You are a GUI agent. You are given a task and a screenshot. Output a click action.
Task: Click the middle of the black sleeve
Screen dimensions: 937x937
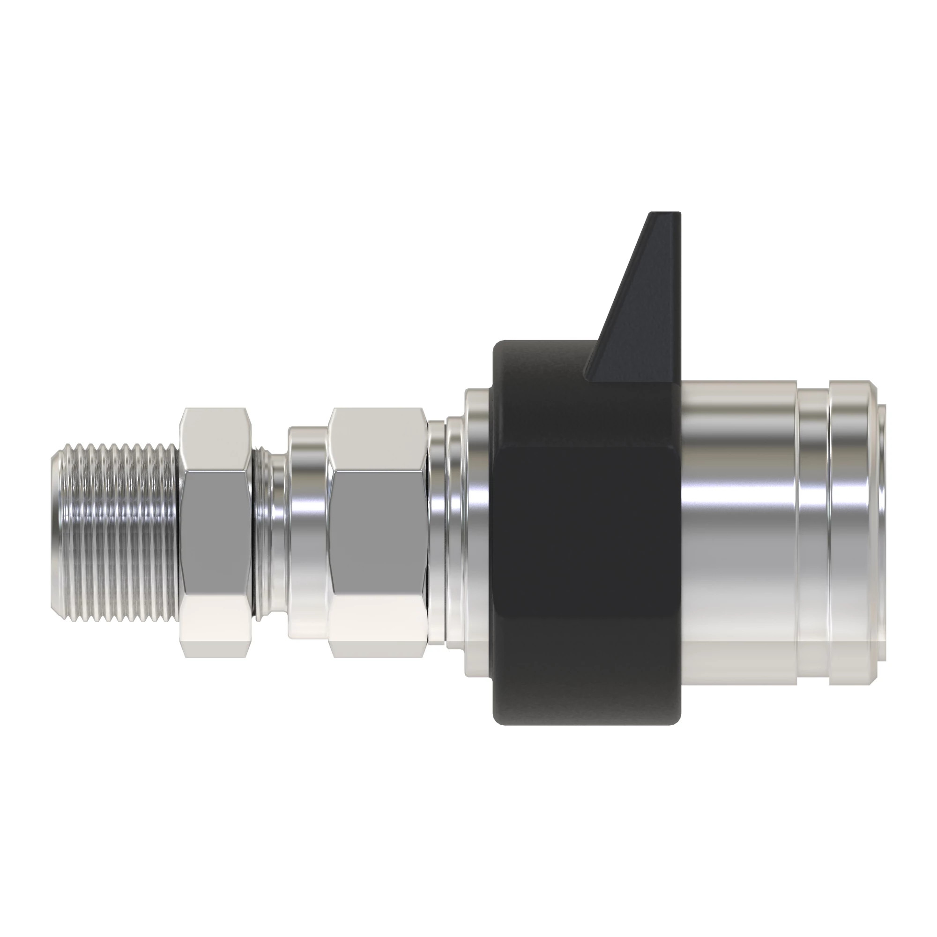click(x=587, y=558)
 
